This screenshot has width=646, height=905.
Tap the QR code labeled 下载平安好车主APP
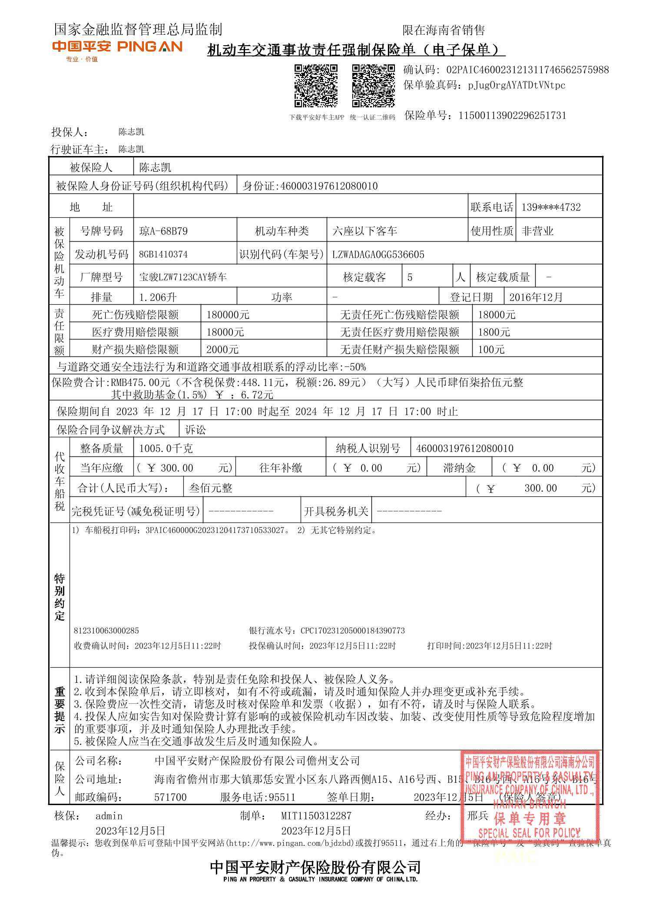click(316, 85)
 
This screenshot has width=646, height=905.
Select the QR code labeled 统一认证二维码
click(373, 85)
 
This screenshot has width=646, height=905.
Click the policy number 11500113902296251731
click(512, 116)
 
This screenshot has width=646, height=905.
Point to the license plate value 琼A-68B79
click(163, 231)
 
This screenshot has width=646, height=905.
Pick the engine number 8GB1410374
click(163, 254)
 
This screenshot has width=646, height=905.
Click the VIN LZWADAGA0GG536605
click(378, 254)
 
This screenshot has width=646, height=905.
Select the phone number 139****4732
click(550, 207)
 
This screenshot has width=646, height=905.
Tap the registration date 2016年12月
click(536, 297)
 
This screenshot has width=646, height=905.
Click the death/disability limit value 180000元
click(228, 315)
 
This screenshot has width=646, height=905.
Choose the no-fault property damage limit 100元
click(491, 349)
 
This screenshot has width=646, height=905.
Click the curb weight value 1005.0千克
click(166, 448)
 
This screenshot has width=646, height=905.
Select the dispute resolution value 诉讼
click(195, 430)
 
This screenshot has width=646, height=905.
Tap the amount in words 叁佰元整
click(211, 488)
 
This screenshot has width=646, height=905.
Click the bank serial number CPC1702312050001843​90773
click(352, 630)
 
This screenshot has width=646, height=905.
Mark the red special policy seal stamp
click(530, 795)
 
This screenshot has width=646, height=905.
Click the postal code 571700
click(170, 797)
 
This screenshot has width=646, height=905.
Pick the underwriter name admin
click(109, 816)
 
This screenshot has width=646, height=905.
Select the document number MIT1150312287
click(316, 816)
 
